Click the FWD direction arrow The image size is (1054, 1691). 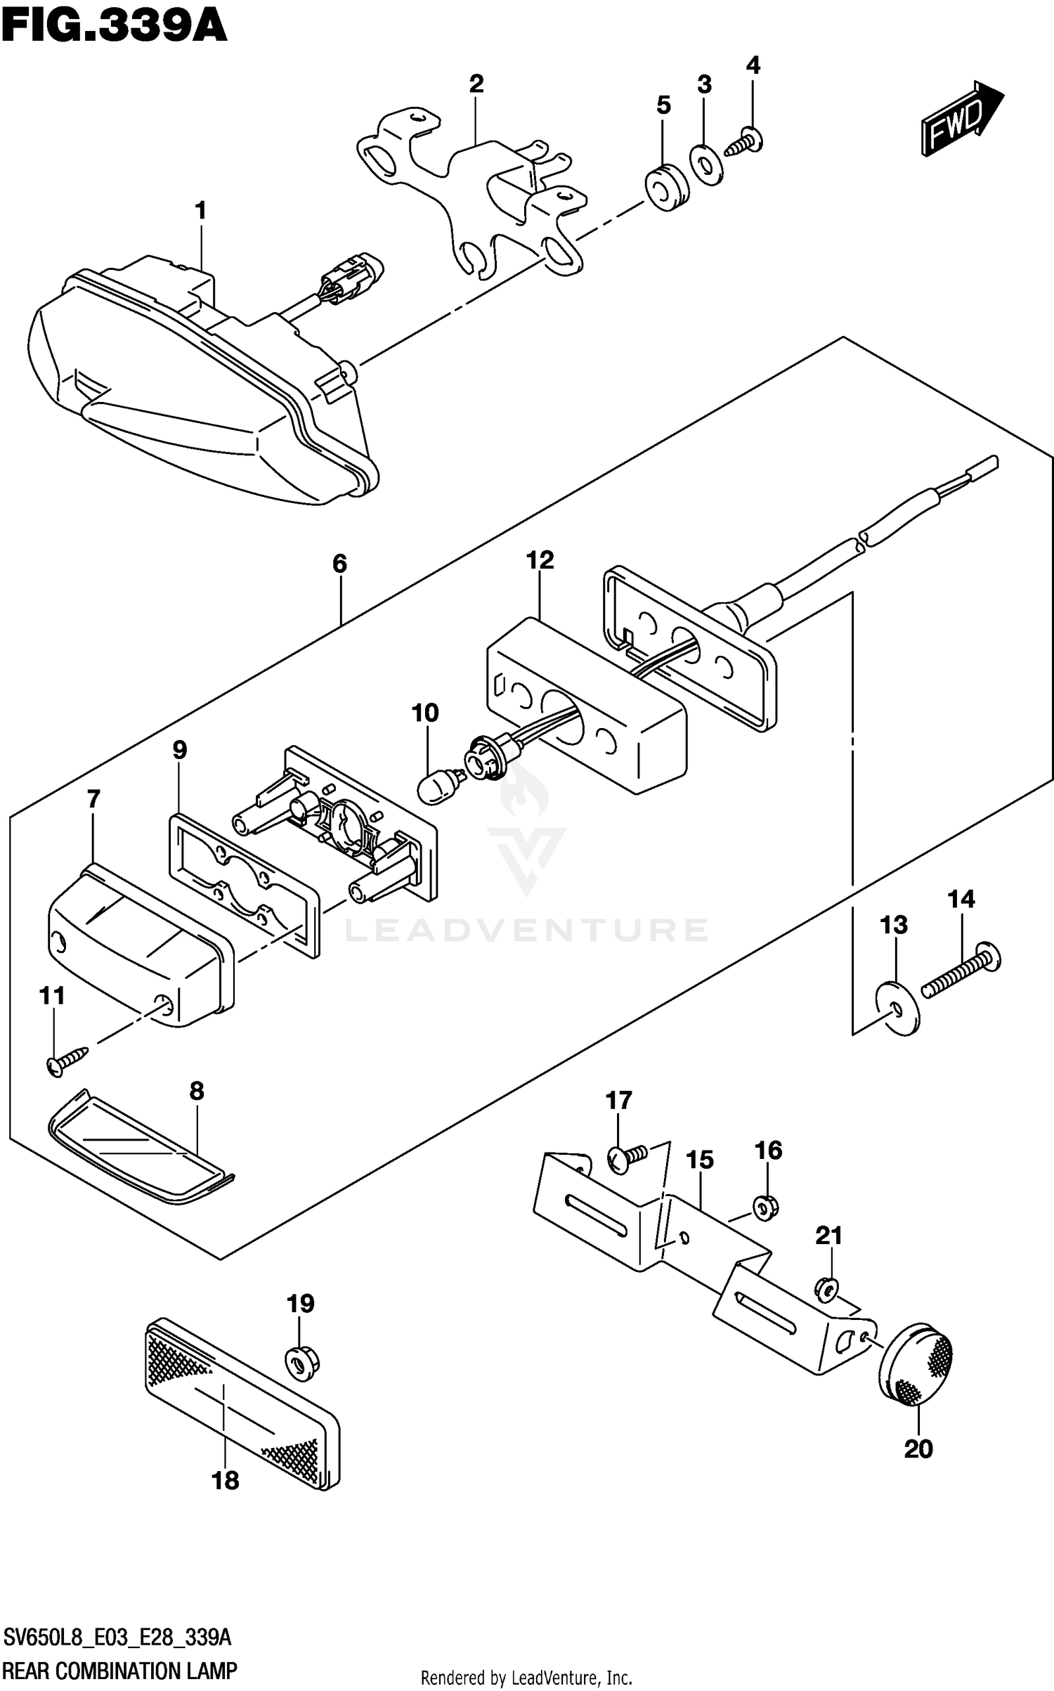[x=961, y=119]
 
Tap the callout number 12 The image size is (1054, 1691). [x=540, y=560]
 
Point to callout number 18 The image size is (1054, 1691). [x=225, y=1481]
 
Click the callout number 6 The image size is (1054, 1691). [x=339, y=563]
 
